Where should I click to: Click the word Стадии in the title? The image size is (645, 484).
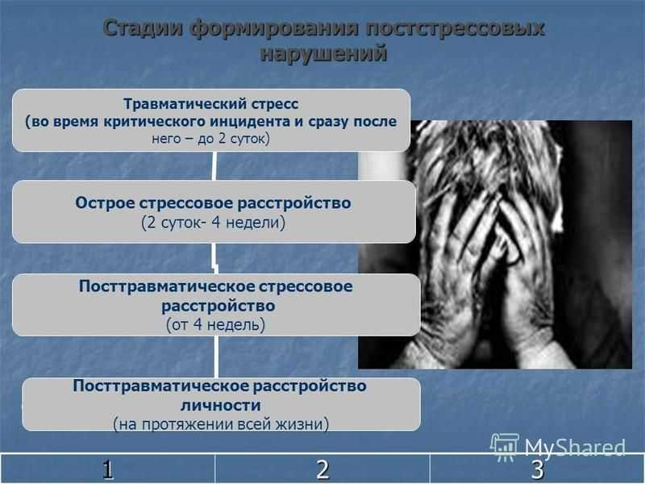tap(143, 29)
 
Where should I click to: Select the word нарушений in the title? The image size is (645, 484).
tap(324, 53)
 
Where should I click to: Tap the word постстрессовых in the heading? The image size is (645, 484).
tap(455, 29)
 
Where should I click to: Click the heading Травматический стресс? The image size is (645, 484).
tap(211, 104)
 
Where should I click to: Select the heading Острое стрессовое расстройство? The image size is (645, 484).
tap(213, 203)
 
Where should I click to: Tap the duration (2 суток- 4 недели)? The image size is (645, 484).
tap(213, 223)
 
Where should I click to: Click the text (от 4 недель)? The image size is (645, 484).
tap(215, 325)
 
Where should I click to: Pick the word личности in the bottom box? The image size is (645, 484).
tap(221, 406)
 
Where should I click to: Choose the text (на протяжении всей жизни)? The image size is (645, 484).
tap(221, 423)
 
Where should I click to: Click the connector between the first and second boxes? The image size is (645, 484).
tap(214, 166)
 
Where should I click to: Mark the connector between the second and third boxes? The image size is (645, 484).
tap(214, 258)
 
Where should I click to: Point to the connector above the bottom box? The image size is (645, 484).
tap(216, 357)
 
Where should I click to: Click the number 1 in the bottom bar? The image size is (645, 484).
tap(108, 469)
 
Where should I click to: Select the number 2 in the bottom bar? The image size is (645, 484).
tap(322, 469)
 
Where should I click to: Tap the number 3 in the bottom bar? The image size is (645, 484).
tap(537, 469)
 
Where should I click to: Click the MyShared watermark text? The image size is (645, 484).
tap(575, 448)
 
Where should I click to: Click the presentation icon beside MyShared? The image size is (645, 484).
tap(505, 447)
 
